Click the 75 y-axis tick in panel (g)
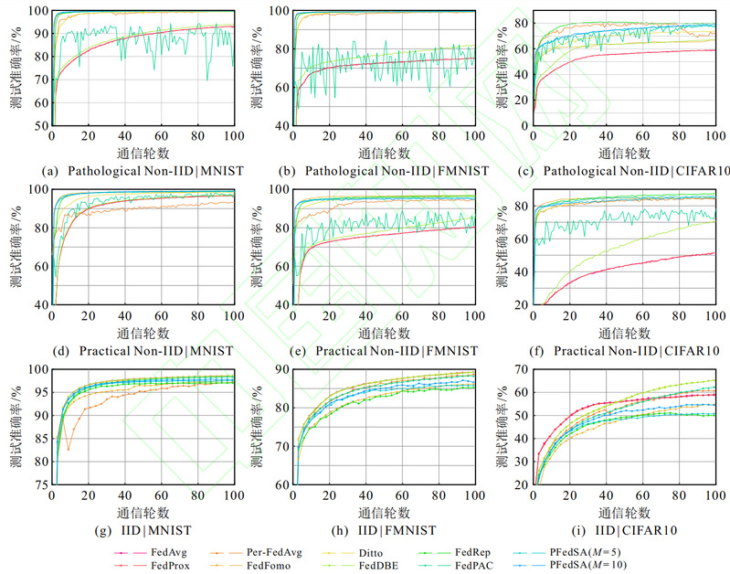coord(42,485)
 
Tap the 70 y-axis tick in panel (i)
coord(523,369)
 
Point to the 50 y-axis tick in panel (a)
coord(42,125)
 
